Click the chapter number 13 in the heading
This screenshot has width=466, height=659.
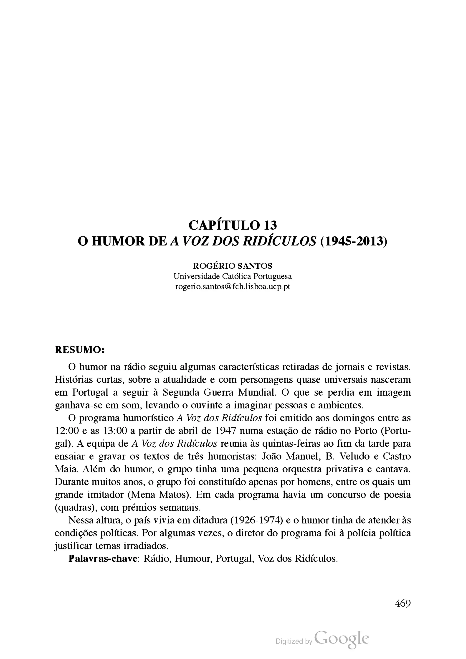coord(270,225)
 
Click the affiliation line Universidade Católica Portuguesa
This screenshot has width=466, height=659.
coord(233,276)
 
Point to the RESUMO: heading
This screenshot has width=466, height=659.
coord(79,350)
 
